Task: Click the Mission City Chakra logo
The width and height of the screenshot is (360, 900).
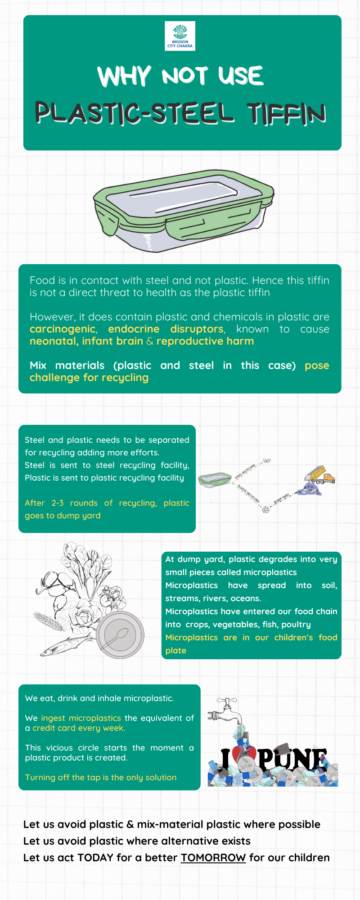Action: (180, 36)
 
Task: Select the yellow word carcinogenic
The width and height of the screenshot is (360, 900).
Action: (63, 329)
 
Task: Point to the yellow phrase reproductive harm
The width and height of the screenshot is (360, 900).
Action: (205, 341)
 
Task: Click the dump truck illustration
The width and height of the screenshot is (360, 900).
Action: (320, 475)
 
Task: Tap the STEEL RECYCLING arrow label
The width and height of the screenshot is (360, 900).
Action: (245, 471)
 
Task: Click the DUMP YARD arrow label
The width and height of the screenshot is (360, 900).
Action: (282, 498)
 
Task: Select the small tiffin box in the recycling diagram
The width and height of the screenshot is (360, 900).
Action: (215, 480)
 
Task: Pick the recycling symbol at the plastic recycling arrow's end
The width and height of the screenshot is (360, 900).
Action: (266, 509)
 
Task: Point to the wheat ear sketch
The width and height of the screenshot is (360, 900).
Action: (48, 621)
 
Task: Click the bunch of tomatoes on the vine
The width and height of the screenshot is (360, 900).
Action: (111, 596)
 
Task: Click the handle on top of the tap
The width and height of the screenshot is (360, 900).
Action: (227, 701)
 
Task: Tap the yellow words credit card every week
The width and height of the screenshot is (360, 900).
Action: (79, 728)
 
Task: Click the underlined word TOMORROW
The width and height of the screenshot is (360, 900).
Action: (213, 858)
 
